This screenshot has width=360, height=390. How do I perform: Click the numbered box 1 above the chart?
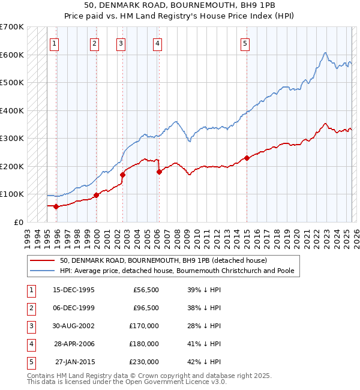pos(55,43)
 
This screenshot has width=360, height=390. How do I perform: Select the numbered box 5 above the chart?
pos(245,43)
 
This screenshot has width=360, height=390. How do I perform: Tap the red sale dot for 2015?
pos(247,158)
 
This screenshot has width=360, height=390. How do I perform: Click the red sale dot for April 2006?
pos(159,172)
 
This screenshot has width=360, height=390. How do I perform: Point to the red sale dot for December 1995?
pos(56,206)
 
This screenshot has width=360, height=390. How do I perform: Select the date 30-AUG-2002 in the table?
pos(74,326)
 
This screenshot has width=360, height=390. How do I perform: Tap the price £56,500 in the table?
pos(143,290)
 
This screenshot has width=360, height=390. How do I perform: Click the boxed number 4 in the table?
pos(31,344)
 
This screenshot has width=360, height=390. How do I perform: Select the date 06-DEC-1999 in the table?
pos(74,308)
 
